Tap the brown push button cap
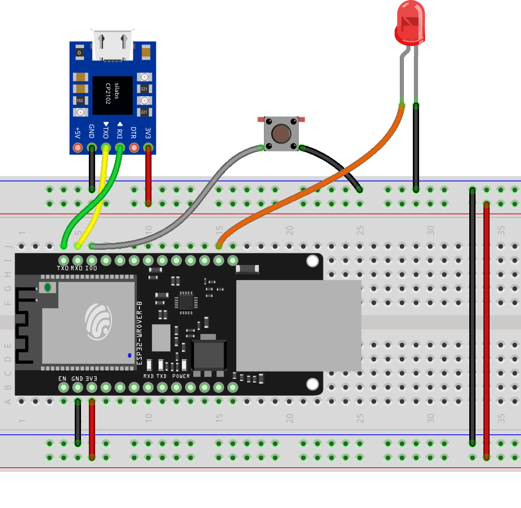pos(282,134)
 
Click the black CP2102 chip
pos(113,95)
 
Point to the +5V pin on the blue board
pos(78,148)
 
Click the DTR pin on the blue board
pos(134,148)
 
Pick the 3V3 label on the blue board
pos(148,133)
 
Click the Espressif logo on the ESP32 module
pos(98,320)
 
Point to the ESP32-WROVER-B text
pos(139,333)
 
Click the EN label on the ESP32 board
pos(62,378)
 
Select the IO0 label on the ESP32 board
pos(91,269)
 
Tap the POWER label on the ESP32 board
pos(181,376)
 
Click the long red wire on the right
pos(487,324)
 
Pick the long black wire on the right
pos(472,314)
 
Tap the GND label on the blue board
pos(91,130)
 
